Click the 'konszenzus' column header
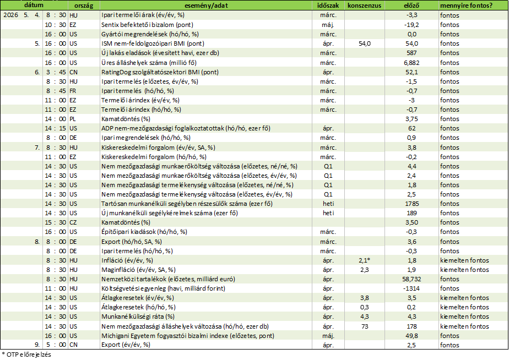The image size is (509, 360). pyautogui.click(x=364, y=6)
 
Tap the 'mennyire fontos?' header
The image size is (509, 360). pyautogui.click(x=466, y=6)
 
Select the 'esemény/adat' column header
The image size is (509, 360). pyautogui.click(x=206, y=6)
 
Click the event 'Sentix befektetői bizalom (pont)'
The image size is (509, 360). pyautogui.click(x=147, y=25)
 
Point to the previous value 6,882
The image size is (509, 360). pyautogui.click(x=411, y=63)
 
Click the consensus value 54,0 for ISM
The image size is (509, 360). pyautogui.click(x=365, y=43)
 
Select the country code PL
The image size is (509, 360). pyautogui.click(x=73, y=119)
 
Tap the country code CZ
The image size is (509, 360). pyautogui.click(x=73, y=222)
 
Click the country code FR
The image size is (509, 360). pyautogui.click(x=73, y=91)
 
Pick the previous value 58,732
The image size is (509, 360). pyautogui.click(x=411, y=279)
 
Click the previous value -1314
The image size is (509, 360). pyautogui.click(x=411, y=288)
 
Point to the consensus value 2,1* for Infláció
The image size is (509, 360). pyautogui.click(x=365, y=260)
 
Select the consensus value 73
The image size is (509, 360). pyautogui.click(x=365, y=326)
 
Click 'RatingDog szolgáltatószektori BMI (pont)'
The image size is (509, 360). pyautogui.click(x=160, y=72)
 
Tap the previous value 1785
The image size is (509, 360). pyautogui.click(x=411, y=204)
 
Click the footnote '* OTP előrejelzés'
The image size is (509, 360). pyautogui.click(x=26, y=354)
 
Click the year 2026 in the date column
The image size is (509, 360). pyautogui.click(x=10, y=15)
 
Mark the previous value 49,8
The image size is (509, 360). pyautogui.click(x=411, y=336)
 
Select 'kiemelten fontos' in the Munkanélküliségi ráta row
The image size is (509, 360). pyautogui.click(x=464, y=317)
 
